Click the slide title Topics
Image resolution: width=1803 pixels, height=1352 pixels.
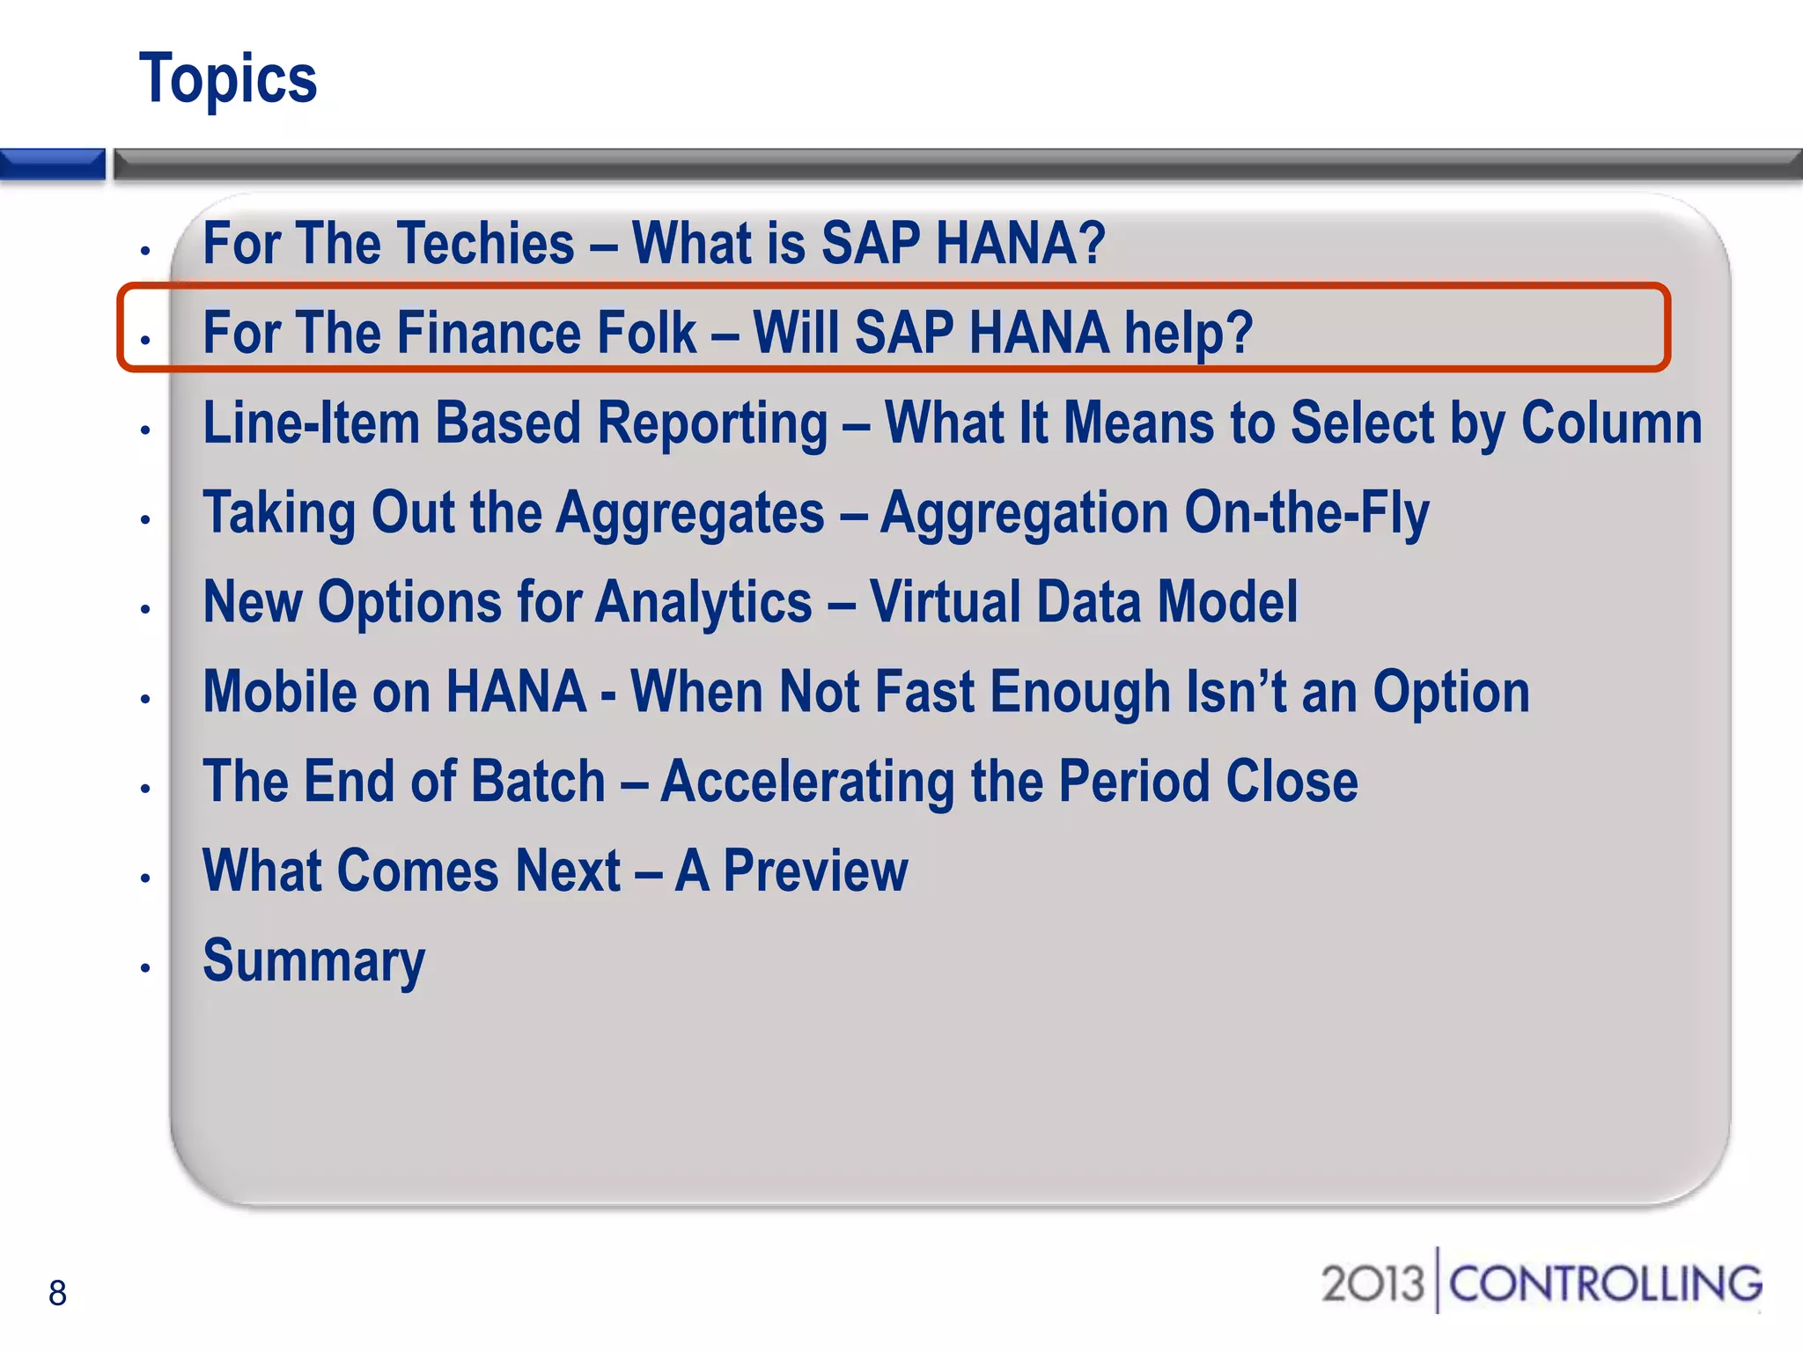click(x=228, y=79)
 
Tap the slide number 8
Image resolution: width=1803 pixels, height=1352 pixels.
click(x=57, y=1293)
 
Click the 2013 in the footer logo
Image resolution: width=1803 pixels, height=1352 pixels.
click(x=1372, y=1283)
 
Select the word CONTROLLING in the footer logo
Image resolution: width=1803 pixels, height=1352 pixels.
click(x=1605, y=1283)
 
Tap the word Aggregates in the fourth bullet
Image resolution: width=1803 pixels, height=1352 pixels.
click(x=690, y=513)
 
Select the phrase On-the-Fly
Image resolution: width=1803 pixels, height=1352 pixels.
click(x=1306, y=513)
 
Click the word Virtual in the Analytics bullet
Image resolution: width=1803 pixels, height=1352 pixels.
click(x=945, y=603)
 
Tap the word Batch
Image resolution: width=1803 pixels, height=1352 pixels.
click(x=538, y=782)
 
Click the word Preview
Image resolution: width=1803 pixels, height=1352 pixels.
click(x=815, y=871)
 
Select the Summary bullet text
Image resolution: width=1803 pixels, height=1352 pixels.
click(x=313, y=961)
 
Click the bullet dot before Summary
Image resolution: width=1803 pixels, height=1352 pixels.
click(x=145, y=968)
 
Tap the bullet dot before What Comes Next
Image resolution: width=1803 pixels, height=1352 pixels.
click(x=145, y=878)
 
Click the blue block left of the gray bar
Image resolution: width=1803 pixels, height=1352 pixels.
click(x=52, y=165)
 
